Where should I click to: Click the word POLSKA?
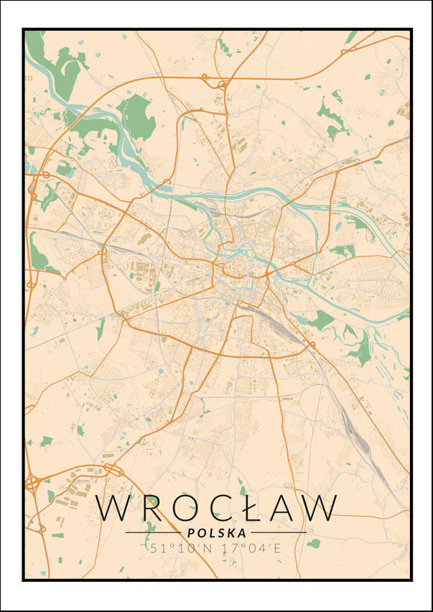click(x=216, y=533)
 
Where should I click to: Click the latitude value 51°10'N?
click(x=178, y=548)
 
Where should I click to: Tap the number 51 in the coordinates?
click(x=158, y=548)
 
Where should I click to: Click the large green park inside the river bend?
click(x=136, y=115)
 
